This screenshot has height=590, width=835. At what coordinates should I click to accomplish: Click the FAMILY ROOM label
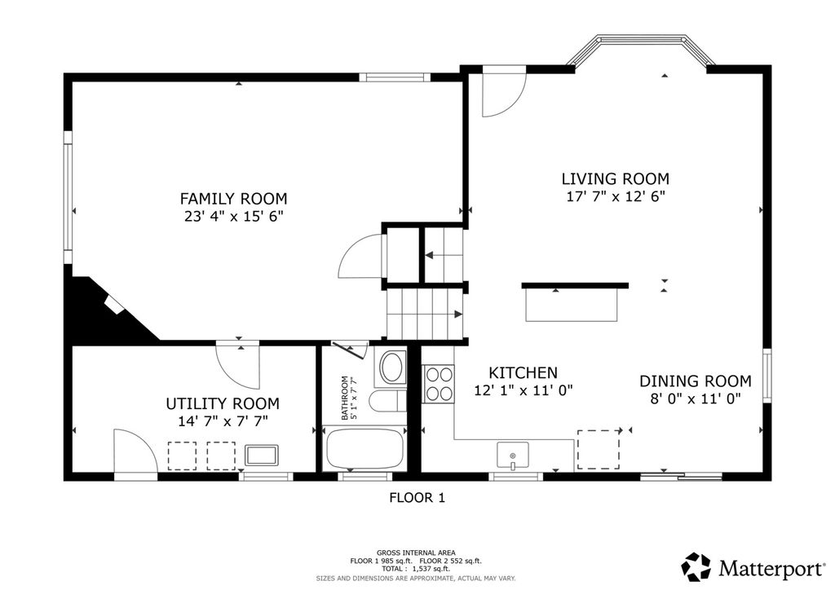tap(233, 199)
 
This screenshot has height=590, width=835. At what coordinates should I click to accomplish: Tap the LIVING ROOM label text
tap(615, 178)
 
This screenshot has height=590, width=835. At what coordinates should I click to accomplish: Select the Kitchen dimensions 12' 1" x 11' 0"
tap(523, 390)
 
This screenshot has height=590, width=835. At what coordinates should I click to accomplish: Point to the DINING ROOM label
tap(696, 381)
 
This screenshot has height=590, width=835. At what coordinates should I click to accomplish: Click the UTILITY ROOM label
tap(223, 404)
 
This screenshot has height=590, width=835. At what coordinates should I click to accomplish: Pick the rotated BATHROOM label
tap(345, 398)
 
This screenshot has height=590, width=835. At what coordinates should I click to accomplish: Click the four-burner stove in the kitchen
tap(438, 384)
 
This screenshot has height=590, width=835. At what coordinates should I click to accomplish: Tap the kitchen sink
tap(512, 456)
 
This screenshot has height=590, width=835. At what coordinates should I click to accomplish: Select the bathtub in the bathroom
tap(364, 448)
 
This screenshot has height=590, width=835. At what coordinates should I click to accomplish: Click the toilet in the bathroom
tap(387, 401)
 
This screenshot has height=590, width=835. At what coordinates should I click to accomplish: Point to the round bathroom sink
tap(392, 367)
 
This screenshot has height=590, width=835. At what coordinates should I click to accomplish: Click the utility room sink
tap(262, 456)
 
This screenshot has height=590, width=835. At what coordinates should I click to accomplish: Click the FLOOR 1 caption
tap(417, 498)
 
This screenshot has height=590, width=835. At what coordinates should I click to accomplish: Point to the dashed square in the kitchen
tap(599, 450)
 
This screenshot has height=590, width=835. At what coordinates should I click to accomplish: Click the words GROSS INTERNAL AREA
tap(416, 553)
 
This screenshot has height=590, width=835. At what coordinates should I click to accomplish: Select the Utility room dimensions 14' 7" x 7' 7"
tap(223, 422)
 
